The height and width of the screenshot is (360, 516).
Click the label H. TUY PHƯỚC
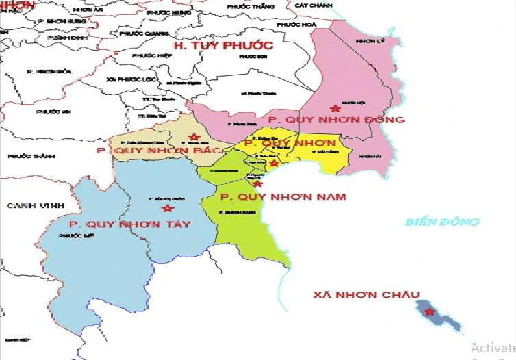click(x=223, y=46)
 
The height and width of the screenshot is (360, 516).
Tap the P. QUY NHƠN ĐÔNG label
click(x=336, y=120)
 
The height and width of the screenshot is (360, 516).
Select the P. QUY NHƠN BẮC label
click(x=161, y=150)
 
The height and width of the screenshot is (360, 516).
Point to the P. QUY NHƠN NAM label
click(x=283, y=197)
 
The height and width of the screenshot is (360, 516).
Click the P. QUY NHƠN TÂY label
click(x=129, y=224)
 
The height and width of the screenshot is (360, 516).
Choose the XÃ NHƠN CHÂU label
click(x=366, y=295)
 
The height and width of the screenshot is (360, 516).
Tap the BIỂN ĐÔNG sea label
click(x=442, y=222)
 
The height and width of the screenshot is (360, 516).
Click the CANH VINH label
click(x=35, y=205)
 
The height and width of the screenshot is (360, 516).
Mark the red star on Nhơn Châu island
click(x=429, y=313)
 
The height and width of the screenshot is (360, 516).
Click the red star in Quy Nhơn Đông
click(x=335, y=108)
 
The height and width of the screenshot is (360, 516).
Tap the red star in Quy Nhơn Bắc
click(x=196, y=137)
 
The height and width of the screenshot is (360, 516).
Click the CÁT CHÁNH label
click(x=310, y=5)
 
